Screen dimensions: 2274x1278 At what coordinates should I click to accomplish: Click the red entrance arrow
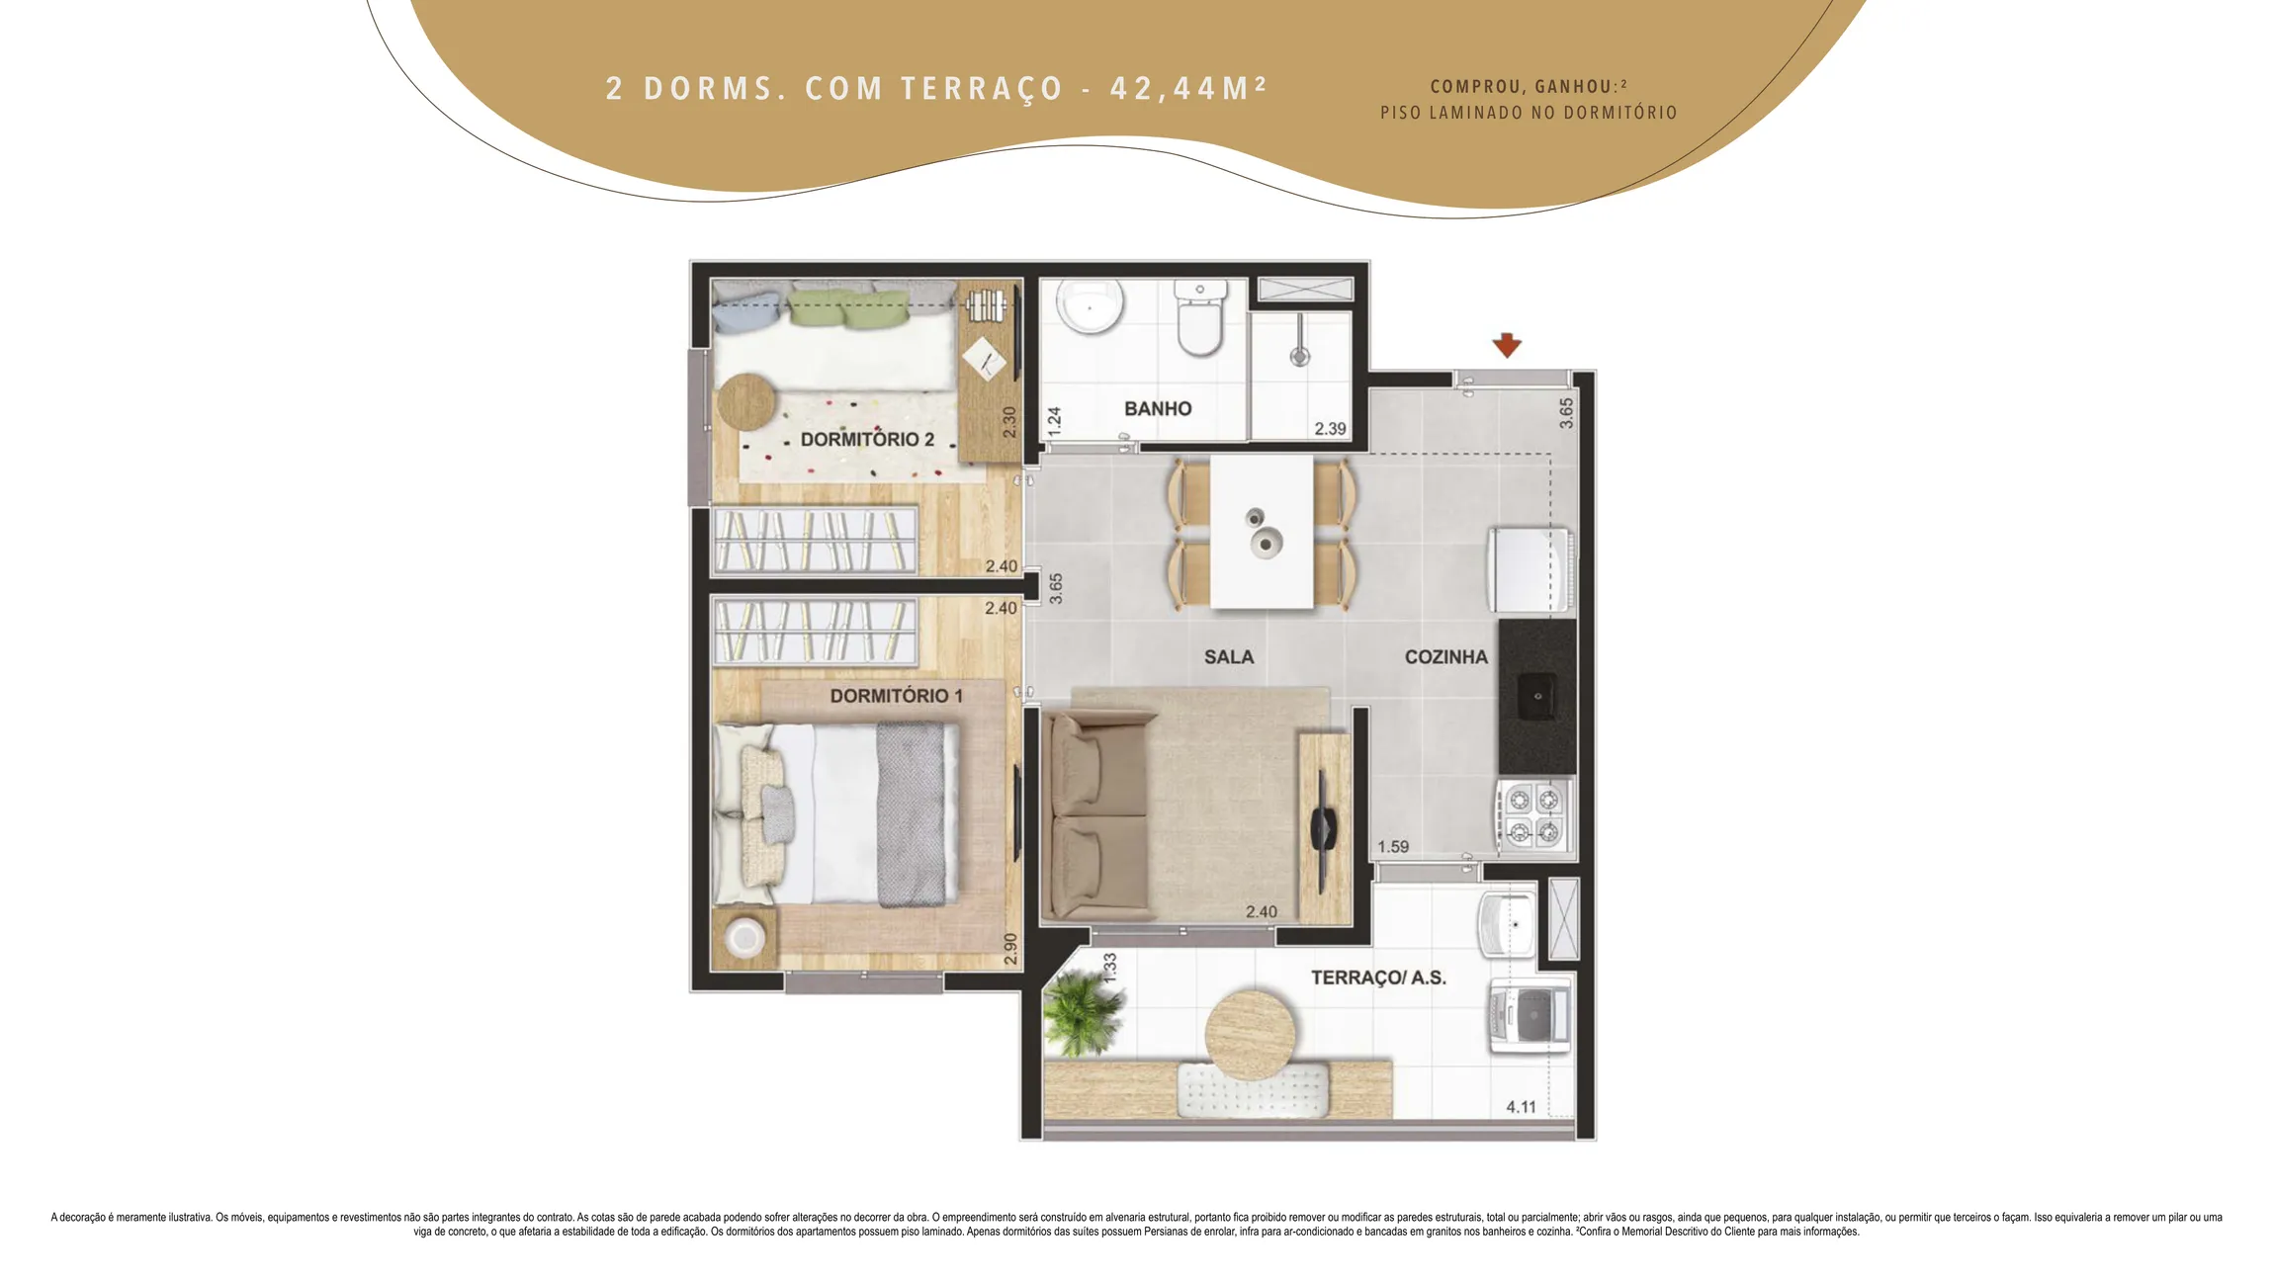(x=1507, y=345)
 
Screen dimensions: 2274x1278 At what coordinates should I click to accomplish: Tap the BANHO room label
(x=1158, y=408)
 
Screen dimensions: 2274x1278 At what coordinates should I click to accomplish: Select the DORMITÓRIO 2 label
(x=867, y=439)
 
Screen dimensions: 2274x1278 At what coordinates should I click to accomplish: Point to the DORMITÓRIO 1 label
(x=896, y=695)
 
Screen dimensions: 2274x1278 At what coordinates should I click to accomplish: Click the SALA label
(x=1229, y=656)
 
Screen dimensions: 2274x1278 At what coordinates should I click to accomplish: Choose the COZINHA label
(x=1445, y=656)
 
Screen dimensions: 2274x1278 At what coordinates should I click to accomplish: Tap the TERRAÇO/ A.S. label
(x=1378, y=978)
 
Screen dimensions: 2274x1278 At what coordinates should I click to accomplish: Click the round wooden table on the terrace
(x=1251, y=1034)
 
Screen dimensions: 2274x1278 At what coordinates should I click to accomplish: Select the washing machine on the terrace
(x=1530, y=1016)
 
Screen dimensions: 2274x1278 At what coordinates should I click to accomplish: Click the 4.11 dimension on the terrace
(x=1521, y=1107)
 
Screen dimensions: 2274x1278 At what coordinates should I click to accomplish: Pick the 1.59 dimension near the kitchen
(x=1393, y=846)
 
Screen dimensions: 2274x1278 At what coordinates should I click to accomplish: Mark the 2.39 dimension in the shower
(x=1330, y=428)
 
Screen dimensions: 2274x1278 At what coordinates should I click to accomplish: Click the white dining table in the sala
(x=1262, y=531)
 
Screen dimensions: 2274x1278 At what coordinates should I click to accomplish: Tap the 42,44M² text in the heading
(x=1187, y=88)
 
